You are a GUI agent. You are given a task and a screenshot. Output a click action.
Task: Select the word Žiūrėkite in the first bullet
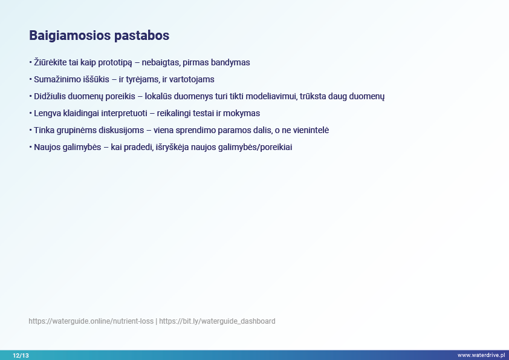[x=50, y=62]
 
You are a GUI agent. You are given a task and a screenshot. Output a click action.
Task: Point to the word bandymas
[x=230, y=63]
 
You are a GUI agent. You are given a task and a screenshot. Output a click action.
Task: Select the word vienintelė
[x=311, y=130]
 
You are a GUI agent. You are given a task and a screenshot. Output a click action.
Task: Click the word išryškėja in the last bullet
[x=172, y=147]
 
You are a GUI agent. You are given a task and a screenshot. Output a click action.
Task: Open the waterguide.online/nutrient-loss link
[x=91, y=321]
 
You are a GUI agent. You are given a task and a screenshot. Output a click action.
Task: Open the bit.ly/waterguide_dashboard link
[x=217, y=321]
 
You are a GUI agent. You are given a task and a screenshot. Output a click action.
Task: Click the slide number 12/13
[x=21, y=355]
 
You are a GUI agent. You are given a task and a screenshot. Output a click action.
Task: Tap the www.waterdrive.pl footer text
[x=481, y=355]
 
